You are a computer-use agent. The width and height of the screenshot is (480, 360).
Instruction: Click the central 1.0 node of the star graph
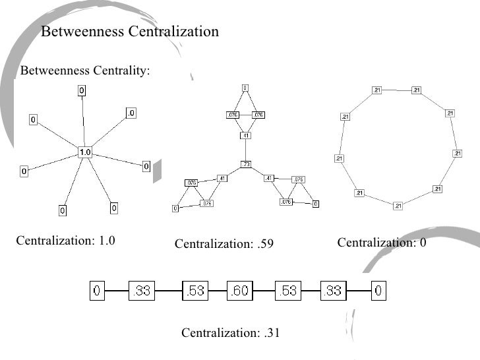[x=85, y=152]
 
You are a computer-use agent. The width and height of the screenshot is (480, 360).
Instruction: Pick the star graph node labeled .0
[x=131, y=113]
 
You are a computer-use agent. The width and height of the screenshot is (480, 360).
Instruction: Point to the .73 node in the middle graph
[x=245, y=164]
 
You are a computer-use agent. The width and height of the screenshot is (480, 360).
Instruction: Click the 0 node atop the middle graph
[x=245, y=88]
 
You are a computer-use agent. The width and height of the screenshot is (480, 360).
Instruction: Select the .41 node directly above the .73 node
[x=245, y=136]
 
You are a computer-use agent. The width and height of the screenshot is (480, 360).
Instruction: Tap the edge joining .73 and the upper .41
[x=245, y=150]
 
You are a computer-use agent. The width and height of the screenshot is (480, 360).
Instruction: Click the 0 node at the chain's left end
[x=97, y=291]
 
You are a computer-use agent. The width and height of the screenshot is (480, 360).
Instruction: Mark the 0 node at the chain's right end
[x=379, y=291]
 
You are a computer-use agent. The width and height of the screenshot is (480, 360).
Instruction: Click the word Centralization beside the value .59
[x=212, y=245]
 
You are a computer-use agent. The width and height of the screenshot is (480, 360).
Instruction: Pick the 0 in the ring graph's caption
[x=423, y=243]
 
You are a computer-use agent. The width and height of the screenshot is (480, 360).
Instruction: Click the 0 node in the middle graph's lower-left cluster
[x=175, y=208]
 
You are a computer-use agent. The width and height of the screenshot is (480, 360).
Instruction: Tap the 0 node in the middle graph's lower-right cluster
[x=315, y=204]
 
